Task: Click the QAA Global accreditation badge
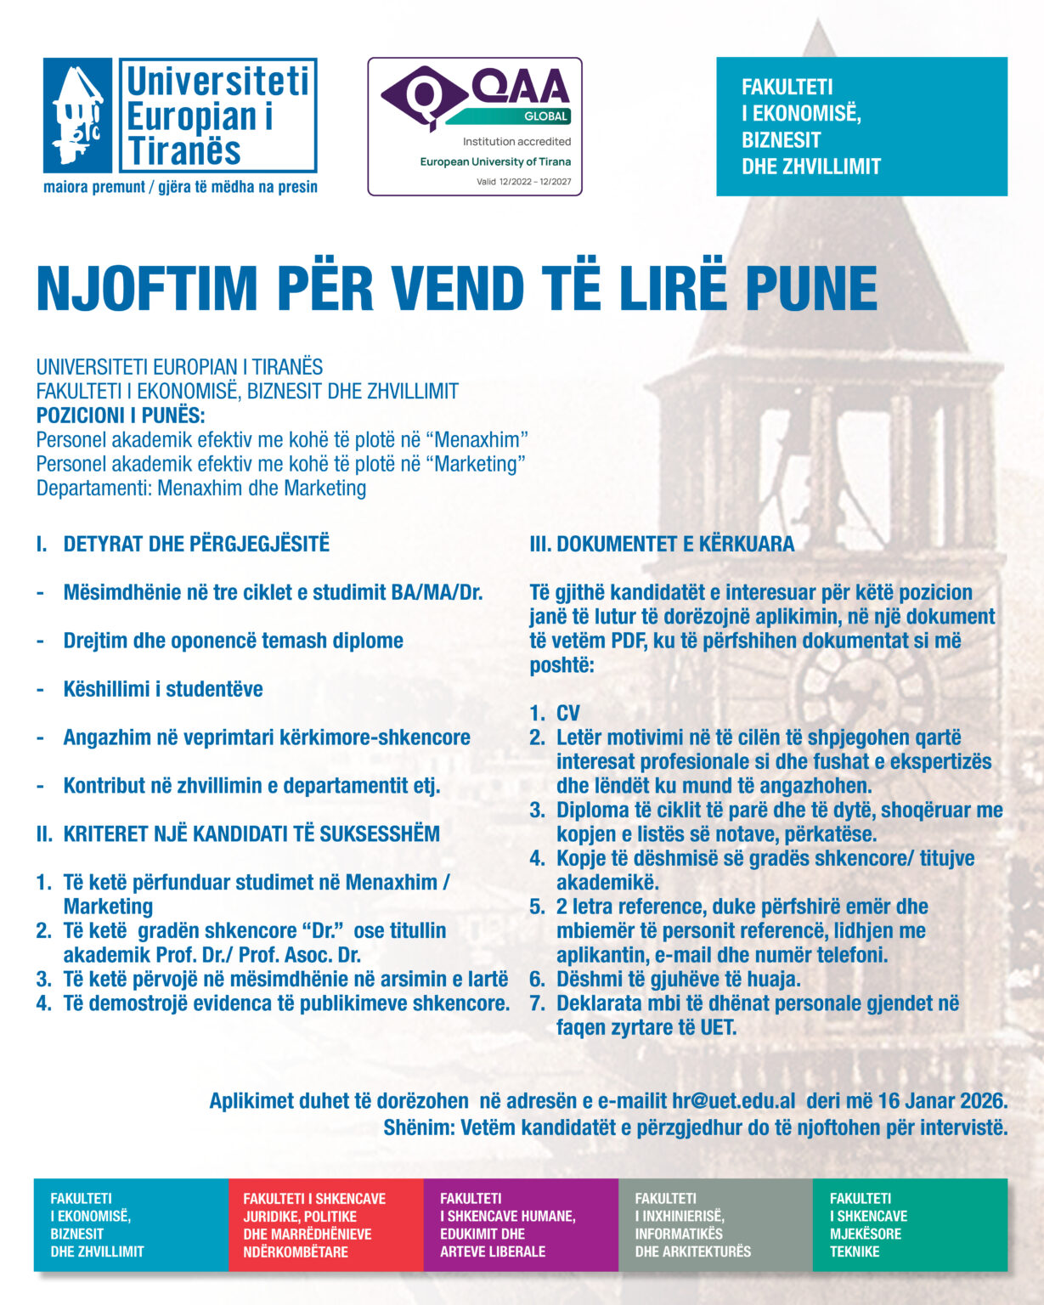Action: coord(474,127)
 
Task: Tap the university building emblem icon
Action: coord(77,116)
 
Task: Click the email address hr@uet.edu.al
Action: coord(733,1101)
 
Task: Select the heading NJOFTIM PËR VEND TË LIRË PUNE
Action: coord(456,289)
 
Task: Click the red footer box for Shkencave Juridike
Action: coord(325,1224)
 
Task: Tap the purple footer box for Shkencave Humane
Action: coord(520,1224)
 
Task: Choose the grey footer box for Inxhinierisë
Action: coord(714,1224)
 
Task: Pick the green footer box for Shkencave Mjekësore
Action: coord(909,1224)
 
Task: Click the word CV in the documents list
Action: coord(567,713)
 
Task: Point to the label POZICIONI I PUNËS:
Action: coord(121,415)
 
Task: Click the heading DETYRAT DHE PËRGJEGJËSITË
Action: coord(195,544)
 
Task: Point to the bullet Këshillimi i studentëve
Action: coord(162,688)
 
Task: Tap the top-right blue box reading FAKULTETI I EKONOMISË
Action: coord(861,127)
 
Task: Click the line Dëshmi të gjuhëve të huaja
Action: coord(678,979)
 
